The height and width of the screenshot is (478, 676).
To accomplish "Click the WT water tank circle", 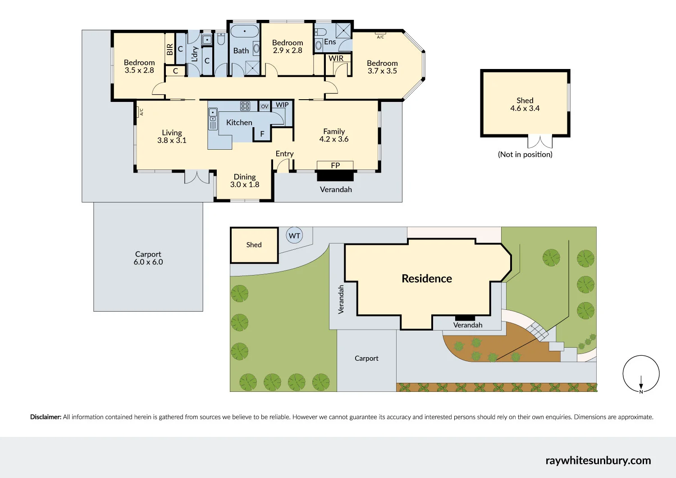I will pyautogui.click(x=294, y=235).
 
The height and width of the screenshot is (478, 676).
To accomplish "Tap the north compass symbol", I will pyautogui.click(x=641, y=374).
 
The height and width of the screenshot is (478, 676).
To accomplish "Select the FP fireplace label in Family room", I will pyautogui.click(x=335, y=165).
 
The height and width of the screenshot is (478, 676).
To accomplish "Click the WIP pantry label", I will pyautogui.click(x=282, y=105).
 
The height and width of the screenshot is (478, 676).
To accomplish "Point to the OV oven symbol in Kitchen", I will pyautogui.click(x=265, y=106).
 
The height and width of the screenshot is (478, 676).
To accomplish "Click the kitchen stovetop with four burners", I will pyautogui.click(x=245, y=106).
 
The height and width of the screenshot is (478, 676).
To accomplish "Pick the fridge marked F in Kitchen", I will pyautogui.click(x=262, y=134).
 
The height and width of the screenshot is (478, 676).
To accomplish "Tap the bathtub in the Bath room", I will pyautogui.click(x=245, y=32).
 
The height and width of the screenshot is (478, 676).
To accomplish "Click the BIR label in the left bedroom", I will pyautogui.click(x=170, y=49).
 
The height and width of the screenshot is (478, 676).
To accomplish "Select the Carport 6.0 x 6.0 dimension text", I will pyautogui.click(x=148, y=262).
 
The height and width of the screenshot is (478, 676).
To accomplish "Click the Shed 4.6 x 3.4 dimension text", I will pyautogui.click(x=525, y=108).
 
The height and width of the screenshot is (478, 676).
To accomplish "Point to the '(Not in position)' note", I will pyautogui.click(x=525, y=154).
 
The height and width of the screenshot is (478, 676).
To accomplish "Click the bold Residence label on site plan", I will pyautogui.click(x=426, y=279).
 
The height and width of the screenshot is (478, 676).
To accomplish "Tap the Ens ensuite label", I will pyautogui.click(x=330, y=42).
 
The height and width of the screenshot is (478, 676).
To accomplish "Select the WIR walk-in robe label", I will pyautogui.click(x=336, y=58).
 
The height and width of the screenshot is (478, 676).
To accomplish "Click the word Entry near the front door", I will pyautogui.click(x=284, y=154).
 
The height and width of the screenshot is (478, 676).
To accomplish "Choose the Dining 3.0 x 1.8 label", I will pyautogui.click(x=245, y=180).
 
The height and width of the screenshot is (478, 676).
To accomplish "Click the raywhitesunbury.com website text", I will pyautogui.click(x=598, y=460).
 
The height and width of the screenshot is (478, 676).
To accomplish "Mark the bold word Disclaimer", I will pyautogui.click(x=46, y=417).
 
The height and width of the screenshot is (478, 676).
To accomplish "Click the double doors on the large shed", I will pyautogui.click(x=540, y=142).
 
